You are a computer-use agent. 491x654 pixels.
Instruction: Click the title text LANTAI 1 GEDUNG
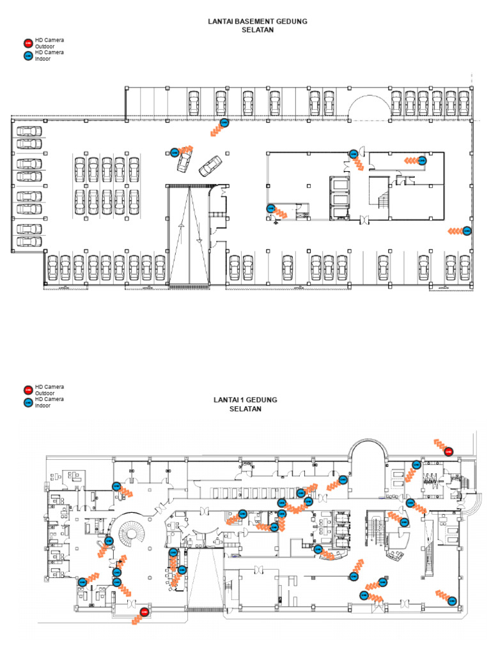coord(245,400)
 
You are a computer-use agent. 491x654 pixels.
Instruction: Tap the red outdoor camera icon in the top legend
coord(27,43)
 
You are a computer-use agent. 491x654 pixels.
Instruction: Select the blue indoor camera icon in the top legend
coord(27,56)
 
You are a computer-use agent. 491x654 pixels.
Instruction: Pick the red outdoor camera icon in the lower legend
coord(27,390)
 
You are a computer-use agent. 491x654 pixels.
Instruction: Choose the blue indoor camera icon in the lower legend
coord(27,402)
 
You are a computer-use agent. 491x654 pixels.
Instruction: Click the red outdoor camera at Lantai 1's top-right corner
coord(448,452)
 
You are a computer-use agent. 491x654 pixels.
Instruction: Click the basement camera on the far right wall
coord(467,231)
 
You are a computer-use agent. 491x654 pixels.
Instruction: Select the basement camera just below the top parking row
coord(224,122)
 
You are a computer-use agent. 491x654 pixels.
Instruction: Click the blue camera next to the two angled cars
coord(175,153)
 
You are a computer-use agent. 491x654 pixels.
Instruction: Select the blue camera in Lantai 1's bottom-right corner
coord(452,600)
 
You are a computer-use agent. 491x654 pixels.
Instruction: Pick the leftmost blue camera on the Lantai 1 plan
coord(82,581)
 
